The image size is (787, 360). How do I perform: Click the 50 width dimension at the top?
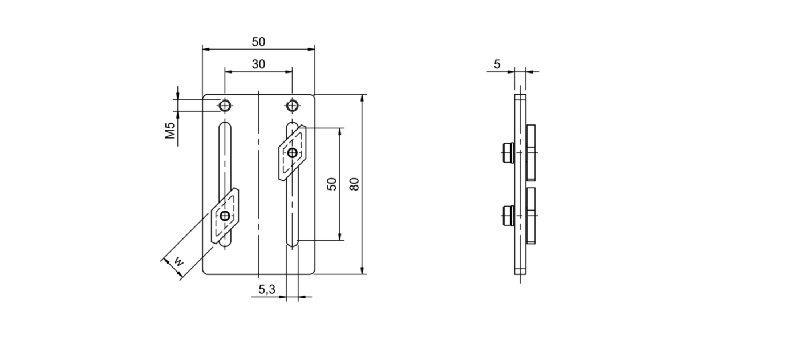[x=258, y=42]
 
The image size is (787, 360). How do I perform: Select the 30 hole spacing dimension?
[x=258, y=64]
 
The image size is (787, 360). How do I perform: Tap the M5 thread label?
[x=170, y=131]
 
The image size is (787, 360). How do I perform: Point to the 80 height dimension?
[x=355, y=184]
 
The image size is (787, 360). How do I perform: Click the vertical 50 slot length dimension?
[x=331, y=184]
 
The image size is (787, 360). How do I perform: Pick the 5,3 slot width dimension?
[x=266, y=290]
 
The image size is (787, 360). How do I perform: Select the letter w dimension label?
[x=179, y=262]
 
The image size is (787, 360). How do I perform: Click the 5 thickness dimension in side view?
[x=497, y=64]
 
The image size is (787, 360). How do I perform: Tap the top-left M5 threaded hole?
[x=225, y=106]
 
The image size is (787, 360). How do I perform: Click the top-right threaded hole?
[x=293, y=106]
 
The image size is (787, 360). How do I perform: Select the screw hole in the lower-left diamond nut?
[x=225, y=216]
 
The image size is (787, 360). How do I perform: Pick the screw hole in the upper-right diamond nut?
[x=292, y=153]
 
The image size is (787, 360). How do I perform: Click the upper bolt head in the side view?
[x=506, y=152]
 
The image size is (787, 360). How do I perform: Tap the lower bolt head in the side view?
[x=506, y=216]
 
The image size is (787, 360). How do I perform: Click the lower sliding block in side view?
[x=530, y=215]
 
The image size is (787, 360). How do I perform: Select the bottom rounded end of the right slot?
[x=293, y=244]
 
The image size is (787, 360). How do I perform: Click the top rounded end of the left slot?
[x=225, y=125]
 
